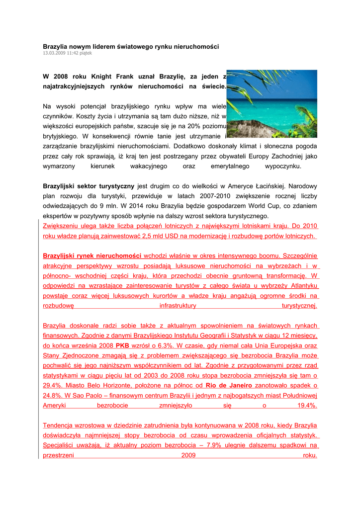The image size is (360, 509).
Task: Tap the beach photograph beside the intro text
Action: click(272, 103)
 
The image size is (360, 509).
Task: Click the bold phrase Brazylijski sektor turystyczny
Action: click(89, 186)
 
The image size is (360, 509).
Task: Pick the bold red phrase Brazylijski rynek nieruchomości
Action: click(92, 256)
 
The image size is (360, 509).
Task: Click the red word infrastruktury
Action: click(178, 306)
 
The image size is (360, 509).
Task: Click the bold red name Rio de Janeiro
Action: click(229, 385)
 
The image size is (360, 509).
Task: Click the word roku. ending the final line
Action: click(310, 455)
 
